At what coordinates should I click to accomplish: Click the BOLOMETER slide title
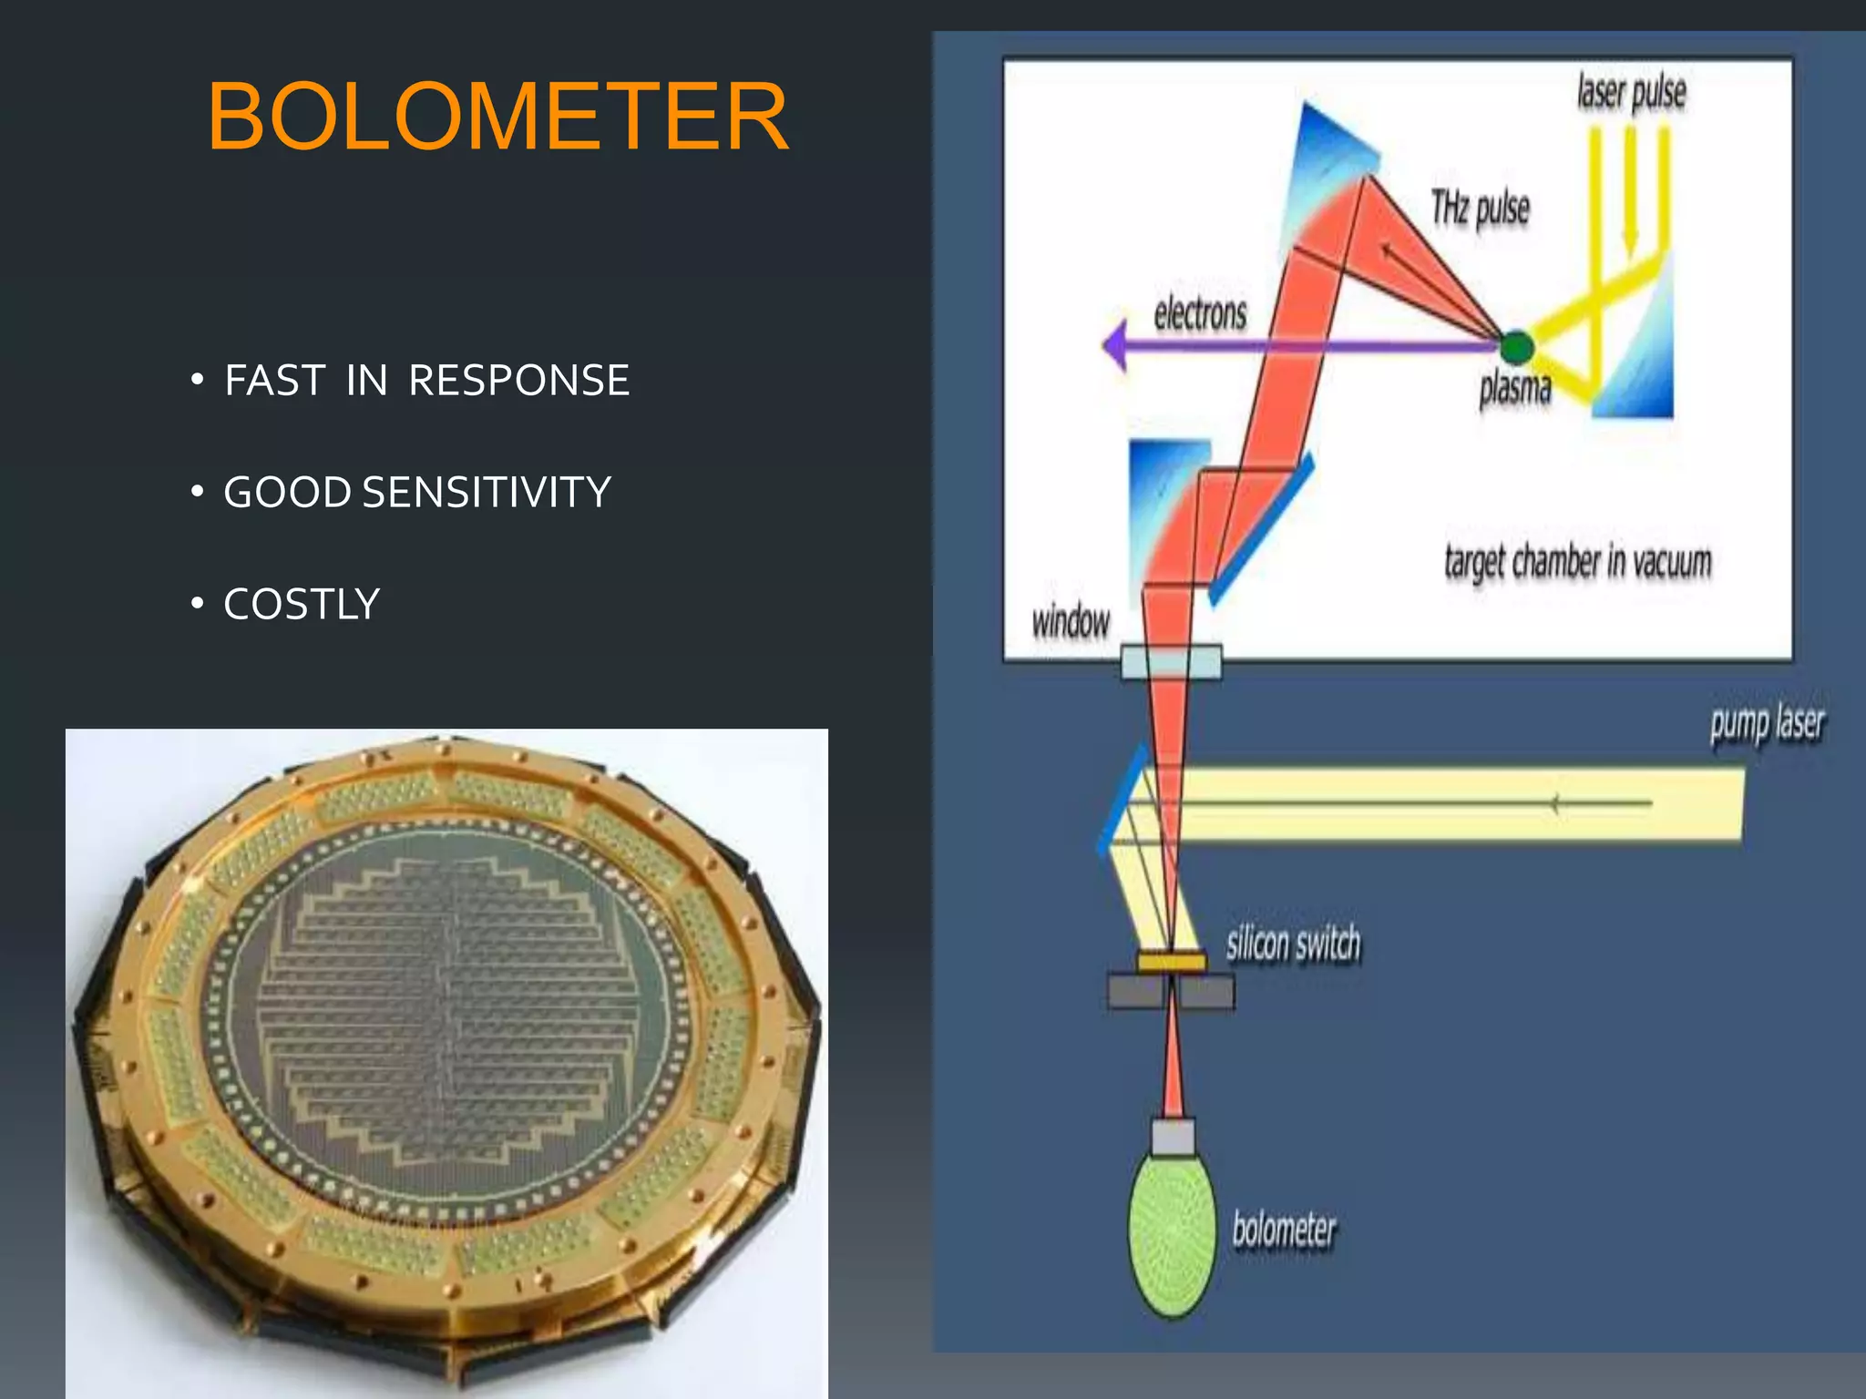497,117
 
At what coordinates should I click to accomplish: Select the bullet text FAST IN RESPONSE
426,381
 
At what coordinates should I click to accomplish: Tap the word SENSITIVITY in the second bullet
487,493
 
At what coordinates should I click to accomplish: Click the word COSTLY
302,605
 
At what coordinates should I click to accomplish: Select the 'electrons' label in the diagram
1199,314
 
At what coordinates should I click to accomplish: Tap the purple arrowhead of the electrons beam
1115,345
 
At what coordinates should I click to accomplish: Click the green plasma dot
1516,346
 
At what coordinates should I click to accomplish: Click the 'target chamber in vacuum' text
1577,562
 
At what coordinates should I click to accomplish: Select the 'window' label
1071,623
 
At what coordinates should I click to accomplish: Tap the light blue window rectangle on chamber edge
1171,662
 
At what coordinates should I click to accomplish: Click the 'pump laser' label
1767,725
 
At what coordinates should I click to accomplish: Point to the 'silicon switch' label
1292,944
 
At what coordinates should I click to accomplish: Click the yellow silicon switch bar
1172,963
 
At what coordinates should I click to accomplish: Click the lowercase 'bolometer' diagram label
1283,1231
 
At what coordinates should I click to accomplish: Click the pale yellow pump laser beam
1458,803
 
